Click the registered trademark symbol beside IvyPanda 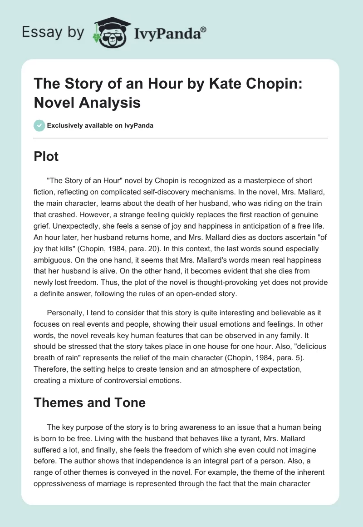204,29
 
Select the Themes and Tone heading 90,402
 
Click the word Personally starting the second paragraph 66,314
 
